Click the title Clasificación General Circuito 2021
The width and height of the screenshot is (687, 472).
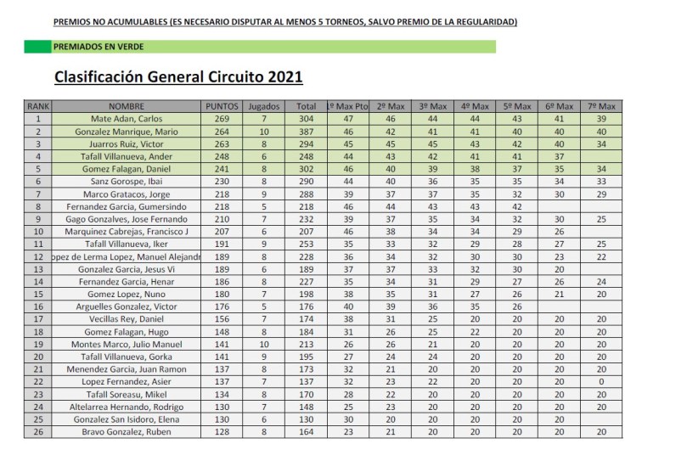click(x=178, y=77)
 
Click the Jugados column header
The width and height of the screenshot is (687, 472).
click(x=264, y=107)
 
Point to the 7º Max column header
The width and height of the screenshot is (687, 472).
click(x=601, y=107)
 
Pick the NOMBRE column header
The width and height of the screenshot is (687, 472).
click(x=127, y=107)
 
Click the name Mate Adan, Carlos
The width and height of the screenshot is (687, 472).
click(x=127, y=120)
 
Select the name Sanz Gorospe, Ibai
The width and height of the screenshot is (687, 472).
click(x=127, y=182)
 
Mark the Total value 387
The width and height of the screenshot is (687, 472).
click(x=307, y=132)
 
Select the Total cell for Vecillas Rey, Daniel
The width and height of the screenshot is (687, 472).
click(x=307, y=318)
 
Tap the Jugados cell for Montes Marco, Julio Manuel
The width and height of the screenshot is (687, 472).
click(x=264, y=344)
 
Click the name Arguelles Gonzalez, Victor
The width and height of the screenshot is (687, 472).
click(x=127, y=306)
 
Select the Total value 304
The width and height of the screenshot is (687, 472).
click(x=307, y=120)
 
